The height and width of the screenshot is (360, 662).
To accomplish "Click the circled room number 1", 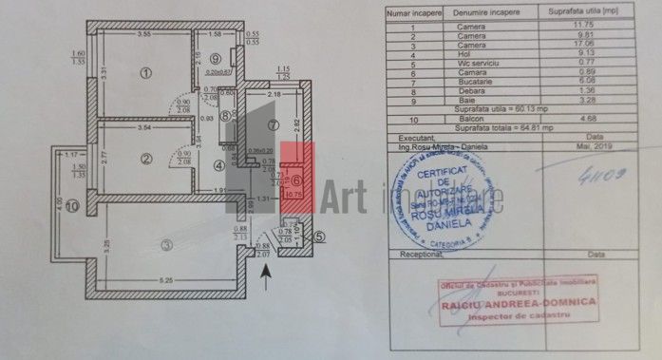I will tap(145, 72).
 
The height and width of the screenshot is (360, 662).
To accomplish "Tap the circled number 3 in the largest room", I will tap(166, 245).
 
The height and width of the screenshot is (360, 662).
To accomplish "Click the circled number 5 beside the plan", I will tap(319, 237).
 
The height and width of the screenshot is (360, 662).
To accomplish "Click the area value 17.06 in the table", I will tap(576, 45).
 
